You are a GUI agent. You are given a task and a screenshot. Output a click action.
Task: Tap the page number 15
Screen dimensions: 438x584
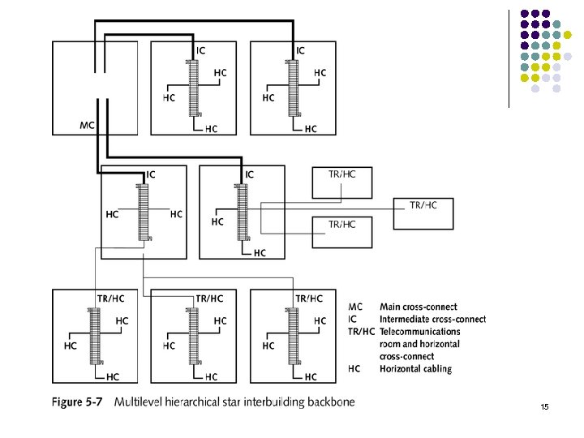click(x=543, y=406)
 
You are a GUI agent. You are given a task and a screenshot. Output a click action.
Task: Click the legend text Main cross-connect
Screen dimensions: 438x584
click(x=419, y=307)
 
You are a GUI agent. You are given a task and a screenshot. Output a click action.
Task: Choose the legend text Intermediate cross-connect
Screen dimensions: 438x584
click(x=433, y=320)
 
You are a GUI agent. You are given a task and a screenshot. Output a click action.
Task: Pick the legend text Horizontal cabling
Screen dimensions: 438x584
click(x=416, y=369)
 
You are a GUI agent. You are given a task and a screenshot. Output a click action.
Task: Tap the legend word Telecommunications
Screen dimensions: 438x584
click(x=420, y=332)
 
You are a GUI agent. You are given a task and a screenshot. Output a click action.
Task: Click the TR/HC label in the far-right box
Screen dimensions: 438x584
click(x=423, y=205)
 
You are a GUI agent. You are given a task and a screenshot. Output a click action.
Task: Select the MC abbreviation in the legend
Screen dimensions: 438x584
click(x=356, y=307)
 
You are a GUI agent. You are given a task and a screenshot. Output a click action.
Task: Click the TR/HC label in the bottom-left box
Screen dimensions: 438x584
click(x=111, y=298)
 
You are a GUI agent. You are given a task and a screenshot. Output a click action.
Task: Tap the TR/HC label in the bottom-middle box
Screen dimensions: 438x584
click(x=210, y=298)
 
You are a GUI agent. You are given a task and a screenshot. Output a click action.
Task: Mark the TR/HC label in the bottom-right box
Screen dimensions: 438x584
click(x=309, y=298)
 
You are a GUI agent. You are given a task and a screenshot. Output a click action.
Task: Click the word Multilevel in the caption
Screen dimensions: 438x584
click(x=140, y=402)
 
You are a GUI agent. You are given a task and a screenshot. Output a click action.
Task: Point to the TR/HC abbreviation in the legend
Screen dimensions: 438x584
click(x=361, y=332)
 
